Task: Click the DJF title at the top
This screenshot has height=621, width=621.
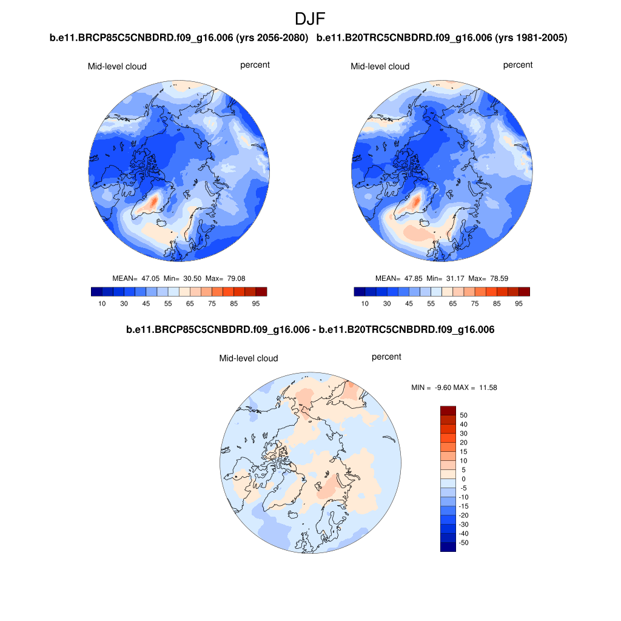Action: (x=310, y=19)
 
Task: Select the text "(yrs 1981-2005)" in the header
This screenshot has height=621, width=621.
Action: (x=531, y=38)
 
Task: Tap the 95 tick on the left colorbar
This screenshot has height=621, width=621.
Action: (x=255, y=303)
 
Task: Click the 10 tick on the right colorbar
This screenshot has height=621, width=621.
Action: (x=364, y=303)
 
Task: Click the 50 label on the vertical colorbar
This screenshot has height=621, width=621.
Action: (x=464, y=415)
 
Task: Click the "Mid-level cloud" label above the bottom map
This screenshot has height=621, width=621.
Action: (x=248, y=358)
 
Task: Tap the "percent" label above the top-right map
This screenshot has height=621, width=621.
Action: (x=517, y=65)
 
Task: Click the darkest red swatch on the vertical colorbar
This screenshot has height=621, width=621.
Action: (x=448, y=411)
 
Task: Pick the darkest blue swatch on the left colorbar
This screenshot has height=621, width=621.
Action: (x=96, y=292)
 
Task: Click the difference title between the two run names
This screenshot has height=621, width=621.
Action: (x=310, y=330)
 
